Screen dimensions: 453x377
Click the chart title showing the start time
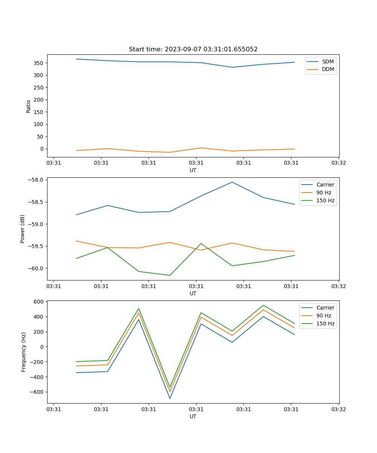coord(193,49)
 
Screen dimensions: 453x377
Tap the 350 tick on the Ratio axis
coord(39,63)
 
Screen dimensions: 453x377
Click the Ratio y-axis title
coord(29,106)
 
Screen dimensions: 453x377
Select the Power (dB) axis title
coord(23,229)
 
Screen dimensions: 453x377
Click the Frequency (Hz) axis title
coord(23,352)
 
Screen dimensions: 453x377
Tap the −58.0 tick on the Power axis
coord(36,180)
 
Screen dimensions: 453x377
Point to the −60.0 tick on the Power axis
coord(36,268)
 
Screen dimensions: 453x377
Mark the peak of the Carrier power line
coord(232,182)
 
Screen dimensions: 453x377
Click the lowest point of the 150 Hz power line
coord(170,275)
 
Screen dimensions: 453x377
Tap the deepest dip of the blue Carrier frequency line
coord(170,398)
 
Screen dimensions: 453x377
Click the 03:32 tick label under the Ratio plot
coord(338,163)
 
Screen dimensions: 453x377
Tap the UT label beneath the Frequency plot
coord(193,416)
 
